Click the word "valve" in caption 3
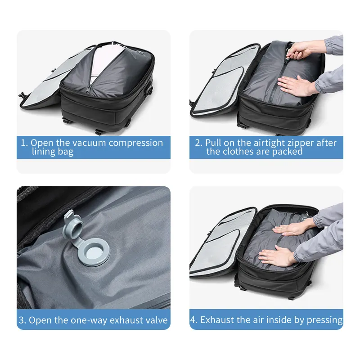tap(156, 320)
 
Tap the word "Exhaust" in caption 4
tap(217, 320)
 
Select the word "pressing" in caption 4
tap(324, 320)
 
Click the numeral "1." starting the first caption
tap(24, 143)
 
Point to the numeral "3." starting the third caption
tap(22, 320)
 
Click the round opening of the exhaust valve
tap(96, 250)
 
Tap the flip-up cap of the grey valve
tap(73, 220)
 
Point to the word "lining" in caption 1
tap(44, 152)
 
